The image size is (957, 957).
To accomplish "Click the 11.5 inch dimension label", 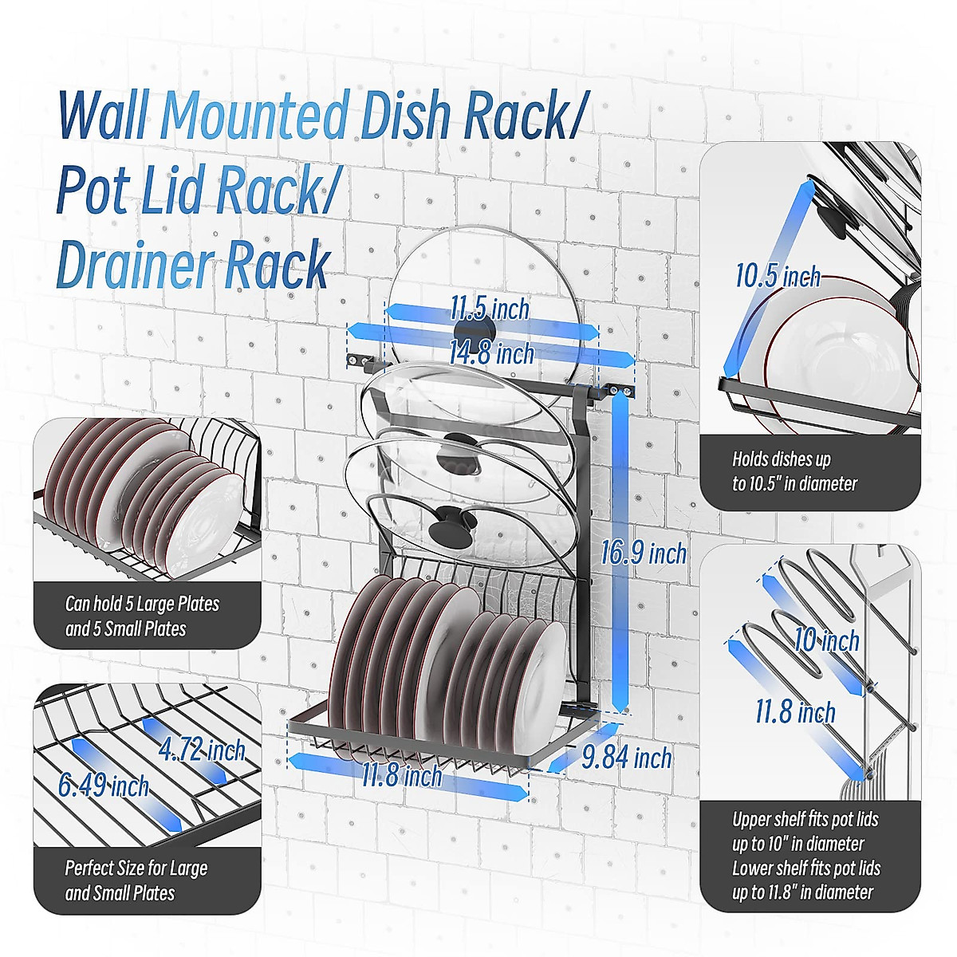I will (490, 308).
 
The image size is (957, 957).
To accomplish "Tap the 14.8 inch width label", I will (491, 352).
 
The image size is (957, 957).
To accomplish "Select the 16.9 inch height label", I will (644, 553).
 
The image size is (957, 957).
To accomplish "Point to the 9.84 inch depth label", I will (627, 757).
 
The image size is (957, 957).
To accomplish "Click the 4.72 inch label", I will (201, 750).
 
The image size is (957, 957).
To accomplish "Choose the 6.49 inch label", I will (104, 786).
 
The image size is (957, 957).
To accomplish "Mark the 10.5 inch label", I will (778, 277).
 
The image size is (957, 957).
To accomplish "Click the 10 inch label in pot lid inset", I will (827, 640).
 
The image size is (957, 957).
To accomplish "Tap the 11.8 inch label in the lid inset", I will (795, 712).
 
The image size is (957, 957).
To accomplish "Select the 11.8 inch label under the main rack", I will (402, 774).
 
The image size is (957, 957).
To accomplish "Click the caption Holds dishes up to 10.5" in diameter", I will (794, 471).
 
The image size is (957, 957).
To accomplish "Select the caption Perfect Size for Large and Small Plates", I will (136, 880).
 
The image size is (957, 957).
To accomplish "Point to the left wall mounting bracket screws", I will (359, 361).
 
